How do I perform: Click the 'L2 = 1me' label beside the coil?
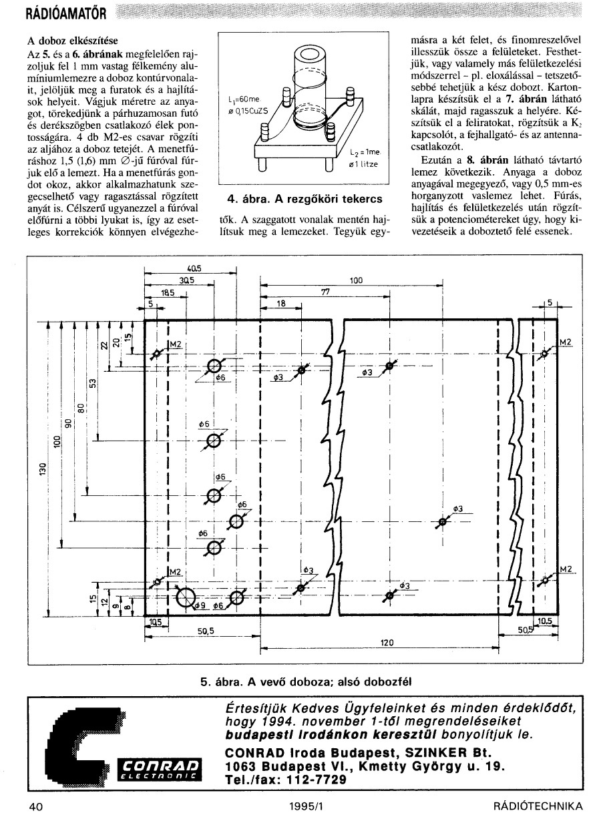(363, 153)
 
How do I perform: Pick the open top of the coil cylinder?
(311, 55)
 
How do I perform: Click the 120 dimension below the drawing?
(386, 643)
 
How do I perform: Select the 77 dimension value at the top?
(325, 292)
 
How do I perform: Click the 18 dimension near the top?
(280, 303)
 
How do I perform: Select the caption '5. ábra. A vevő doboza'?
(307, 681)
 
